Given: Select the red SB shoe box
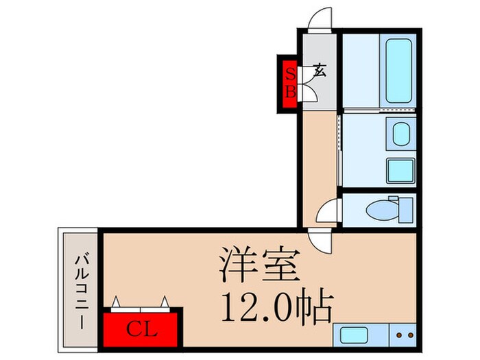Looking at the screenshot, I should (x=289, y=82).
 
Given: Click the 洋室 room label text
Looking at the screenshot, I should (x=260, y=262).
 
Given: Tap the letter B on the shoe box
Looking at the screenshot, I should (x=289, y=90).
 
